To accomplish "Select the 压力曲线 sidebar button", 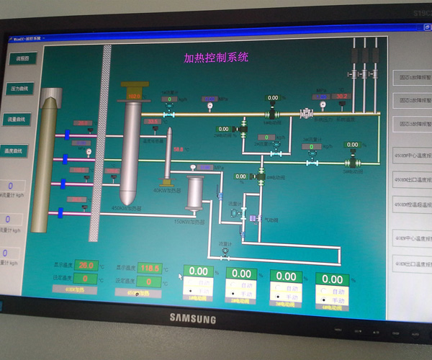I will (x=19, y=89).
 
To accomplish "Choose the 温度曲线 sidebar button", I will (x=17, y=150).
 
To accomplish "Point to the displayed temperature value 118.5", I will (x=148, y=268).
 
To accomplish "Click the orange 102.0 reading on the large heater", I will (x=134, y=95).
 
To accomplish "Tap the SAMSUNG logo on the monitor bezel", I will (x=193, y=318).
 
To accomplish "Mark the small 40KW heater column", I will (x=167, y=155).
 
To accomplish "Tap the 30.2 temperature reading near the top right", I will (x=342, y=96).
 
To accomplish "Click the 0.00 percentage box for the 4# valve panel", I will (x=333, y=279).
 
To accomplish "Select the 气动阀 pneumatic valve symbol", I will (x=253, y=217).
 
